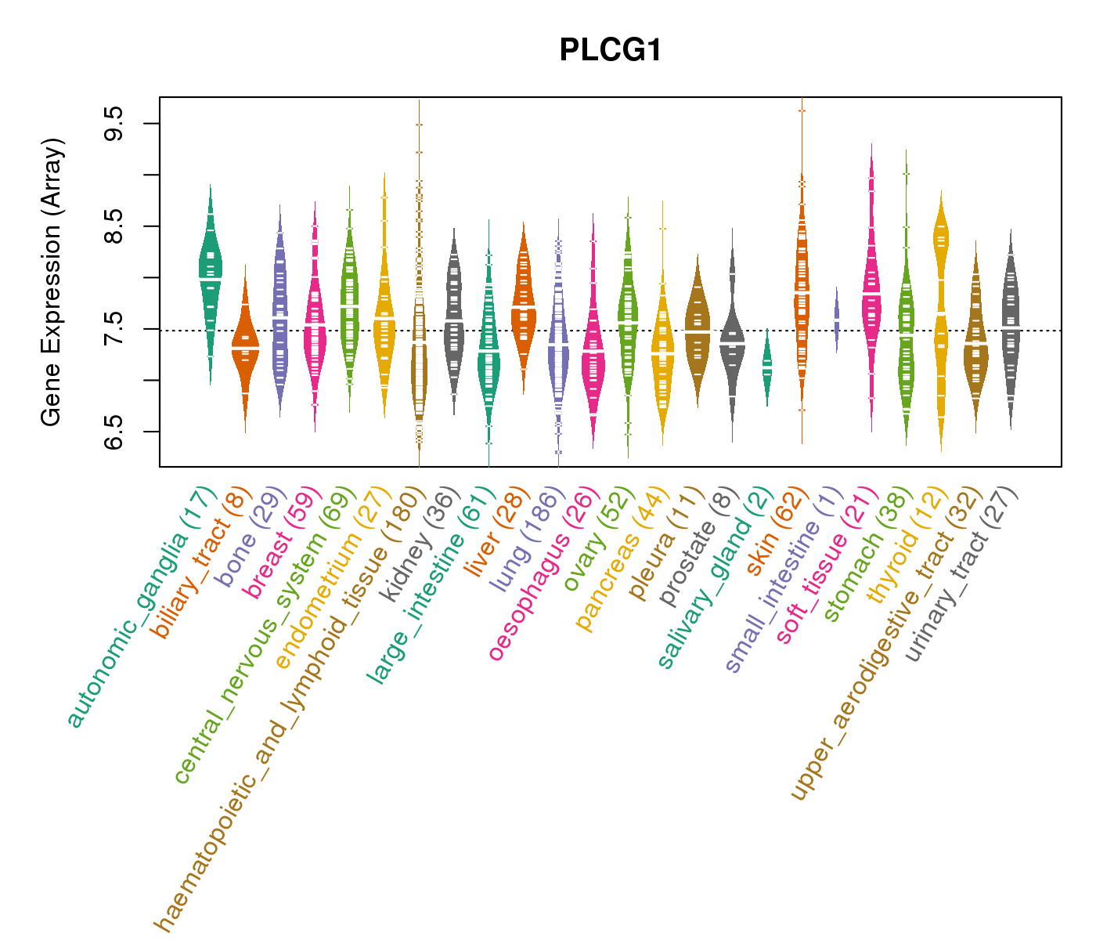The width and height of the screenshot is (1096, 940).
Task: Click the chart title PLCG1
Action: (611, 51)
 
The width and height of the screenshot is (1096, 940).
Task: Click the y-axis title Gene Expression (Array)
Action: (52, 282)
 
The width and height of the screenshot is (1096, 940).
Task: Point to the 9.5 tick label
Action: (114, 124)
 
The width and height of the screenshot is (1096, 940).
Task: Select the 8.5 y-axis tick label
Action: (114, 226)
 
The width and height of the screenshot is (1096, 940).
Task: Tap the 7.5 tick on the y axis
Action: (114, 329)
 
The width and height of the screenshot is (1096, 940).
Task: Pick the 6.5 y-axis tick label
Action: (114, 432)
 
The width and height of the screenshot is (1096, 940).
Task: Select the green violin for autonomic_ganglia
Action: (210, 266)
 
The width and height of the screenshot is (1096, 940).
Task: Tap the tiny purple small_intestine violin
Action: (837, 320)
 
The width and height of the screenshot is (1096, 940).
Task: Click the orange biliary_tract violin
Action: (245, 345)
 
